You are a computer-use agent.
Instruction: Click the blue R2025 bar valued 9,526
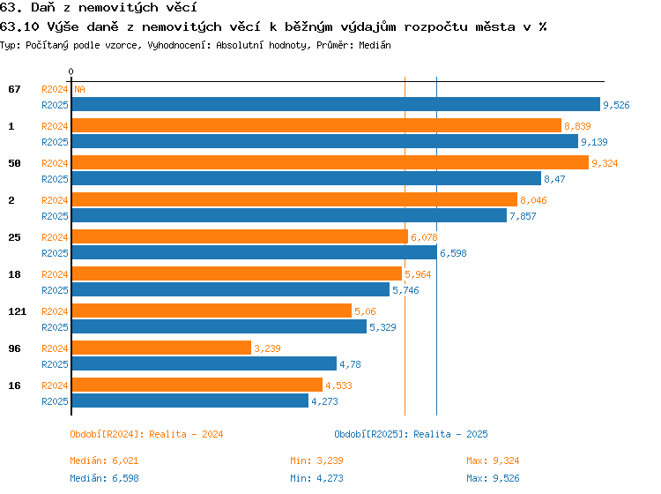click(x=336, y=104)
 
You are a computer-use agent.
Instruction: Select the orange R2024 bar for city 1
click(x=316, y=125)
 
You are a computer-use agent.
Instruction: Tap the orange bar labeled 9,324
click(x=330, y=162)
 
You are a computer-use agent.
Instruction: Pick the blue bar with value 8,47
click(x=307, y=178)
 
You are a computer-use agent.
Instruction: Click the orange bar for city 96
click(x=161, y=348)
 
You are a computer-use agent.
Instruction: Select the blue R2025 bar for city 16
click(x=190, y=400)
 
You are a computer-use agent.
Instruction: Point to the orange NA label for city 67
click(x=79, y=89)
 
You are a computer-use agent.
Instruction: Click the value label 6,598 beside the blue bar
click(x=453, y=253)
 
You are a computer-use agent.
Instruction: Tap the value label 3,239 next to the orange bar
click(x=267, y=348)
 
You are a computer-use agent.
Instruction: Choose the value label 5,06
click(x=365, y=311)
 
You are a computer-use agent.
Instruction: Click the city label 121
click(x=18, y=311)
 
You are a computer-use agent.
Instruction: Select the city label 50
click(x=14, y=163)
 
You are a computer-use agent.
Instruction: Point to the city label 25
click(x=14, y=237)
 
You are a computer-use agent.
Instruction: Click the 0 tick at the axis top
click(x=71, y=71)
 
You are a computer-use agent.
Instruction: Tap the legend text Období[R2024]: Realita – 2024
click(x=146, y=434)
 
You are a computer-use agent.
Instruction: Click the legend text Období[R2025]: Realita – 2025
click(x=411, y=434)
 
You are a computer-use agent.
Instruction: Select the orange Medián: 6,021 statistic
click(x=104, y=460)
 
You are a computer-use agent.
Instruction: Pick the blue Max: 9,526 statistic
click(x=493, y=478)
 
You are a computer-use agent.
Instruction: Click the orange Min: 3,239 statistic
click(x=316, y=460)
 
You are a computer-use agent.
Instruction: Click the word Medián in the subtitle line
click(x=375, y=45)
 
